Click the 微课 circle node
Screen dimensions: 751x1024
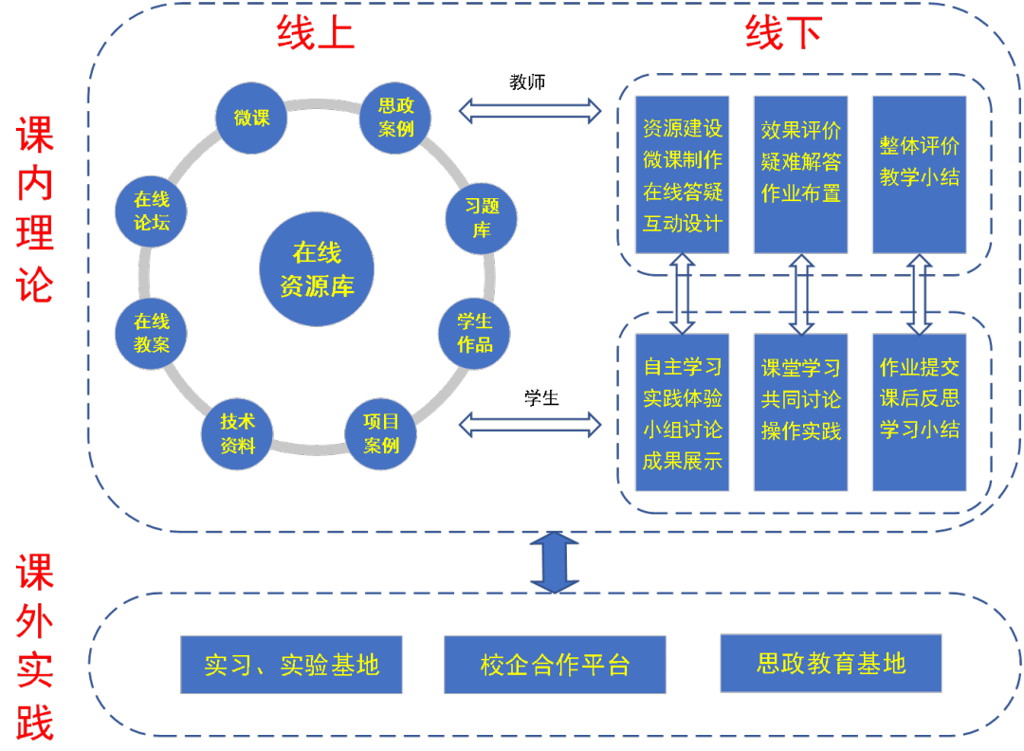[251, 118]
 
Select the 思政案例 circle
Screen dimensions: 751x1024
[395, 118]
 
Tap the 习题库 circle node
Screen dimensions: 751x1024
[482, 218]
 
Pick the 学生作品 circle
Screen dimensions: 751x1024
[474, 333]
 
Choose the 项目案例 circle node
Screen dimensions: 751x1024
[381, 433]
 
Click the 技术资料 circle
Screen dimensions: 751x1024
[237, 433]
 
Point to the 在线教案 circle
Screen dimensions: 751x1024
[151, 333]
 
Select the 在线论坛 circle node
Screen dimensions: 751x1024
[151, 211]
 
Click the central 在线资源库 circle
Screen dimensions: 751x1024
[317, 268]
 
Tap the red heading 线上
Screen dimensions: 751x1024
[316, 34]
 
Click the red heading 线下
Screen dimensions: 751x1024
[783, 34]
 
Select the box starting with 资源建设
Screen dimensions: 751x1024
[683, 174]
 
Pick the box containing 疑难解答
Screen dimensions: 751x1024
[801, 174]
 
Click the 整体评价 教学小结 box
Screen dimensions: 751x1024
[919, 174]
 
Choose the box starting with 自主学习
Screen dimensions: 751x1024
[683, 412]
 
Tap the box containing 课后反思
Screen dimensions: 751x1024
[919, 412]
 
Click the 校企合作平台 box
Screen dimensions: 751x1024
[555, 665]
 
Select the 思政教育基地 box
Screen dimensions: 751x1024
[832, 664]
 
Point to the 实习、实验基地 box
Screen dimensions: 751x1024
[292, 665]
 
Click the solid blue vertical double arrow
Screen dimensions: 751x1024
[555, 562]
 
